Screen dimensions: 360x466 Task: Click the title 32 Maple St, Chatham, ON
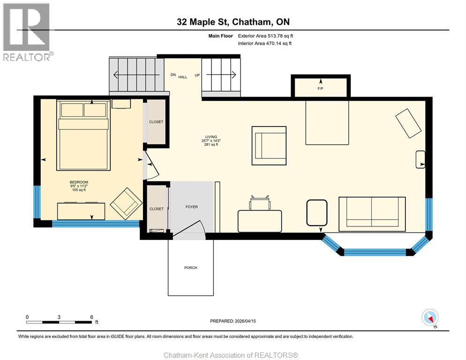point(233,22)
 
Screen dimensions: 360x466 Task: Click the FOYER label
point(192,207)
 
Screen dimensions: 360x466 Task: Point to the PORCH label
point(190,268)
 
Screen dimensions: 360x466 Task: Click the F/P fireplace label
point(321,88)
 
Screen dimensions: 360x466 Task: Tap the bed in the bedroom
point(84,136)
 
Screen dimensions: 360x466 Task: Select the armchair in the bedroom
point(126,203)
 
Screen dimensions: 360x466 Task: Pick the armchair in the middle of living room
point(269,146)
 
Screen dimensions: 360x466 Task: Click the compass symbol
point(430,317)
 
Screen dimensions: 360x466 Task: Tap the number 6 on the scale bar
point(91,317)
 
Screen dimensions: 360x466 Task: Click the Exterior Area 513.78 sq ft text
point(265,36)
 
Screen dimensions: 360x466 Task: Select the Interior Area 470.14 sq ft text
point(265,44)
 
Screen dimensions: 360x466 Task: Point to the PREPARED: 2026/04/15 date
point(233,321)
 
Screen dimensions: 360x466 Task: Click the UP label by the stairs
point(197,75)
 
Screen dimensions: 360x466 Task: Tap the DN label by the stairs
point(173,75)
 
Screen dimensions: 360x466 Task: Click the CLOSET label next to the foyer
point(156,209)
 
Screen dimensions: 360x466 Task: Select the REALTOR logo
point(27,32)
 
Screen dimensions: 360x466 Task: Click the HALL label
point(183,77)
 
